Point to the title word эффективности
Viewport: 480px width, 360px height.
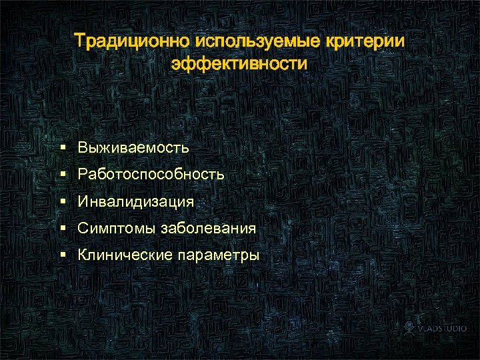click(239, 65)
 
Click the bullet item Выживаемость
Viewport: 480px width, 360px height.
click(133, 147)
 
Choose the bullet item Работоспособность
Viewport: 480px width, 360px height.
click(151, 175)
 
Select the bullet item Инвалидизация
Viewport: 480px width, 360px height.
click(135, 201)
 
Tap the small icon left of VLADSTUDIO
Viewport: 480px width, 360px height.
click(410, 328)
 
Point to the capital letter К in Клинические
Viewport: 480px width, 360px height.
click(82, 255)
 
